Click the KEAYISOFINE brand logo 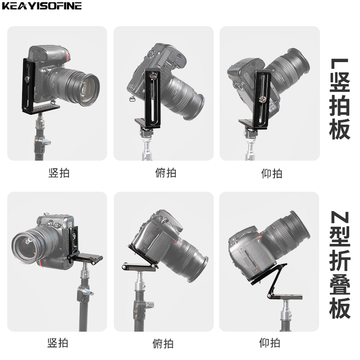pos(42,6)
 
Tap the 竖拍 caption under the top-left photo pos(59,173)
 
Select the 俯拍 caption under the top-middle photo pos(166,173)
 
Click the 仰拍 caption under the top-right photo pos(272,173)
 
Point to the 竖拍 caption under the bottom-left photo pos(58,343)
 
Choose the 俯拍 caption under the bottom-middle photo pos(163,343)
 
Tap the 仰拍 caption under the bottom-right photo pos(270,343)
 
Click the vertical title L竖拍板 pos(340,99)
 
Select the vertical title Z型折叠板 pos(340,265)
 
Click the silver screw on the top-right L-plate pos(261,99)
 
